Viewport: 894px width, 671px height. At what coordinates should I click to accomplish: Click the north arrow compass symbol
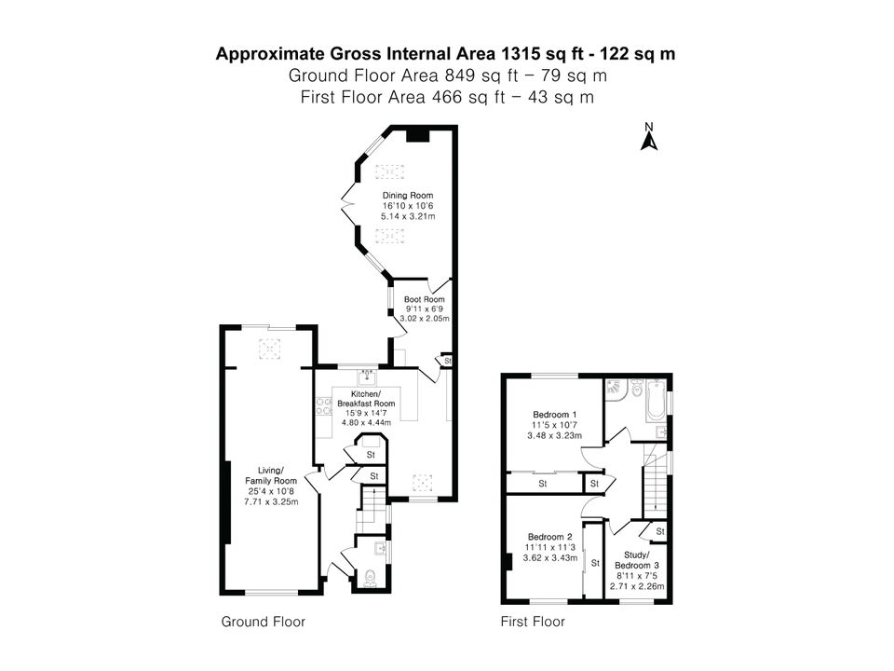coord(649,136)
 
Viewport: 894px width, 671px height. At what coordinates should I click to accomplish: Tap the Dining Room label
coord(408,195)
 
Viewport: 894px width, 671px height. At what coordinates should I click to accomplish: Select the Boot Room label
coord(425,299)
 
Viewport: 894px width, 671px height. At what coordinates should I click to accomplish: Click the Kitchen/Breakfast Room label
coord(366,399)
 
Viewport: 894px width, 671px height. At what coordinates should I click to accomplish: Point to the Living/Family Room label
coord(271,475)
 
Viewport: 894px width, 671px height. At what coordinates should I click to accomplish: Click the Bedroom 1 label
coord(555,414)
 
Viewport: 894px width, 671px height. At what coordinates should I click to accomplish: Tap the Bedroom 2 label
coord(550,537)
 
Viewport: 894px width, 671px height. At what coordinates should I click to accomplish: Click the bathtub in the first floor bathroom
coord(655,400)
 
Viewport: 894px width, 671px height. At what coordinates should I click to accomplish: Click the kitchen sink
coord(367,377)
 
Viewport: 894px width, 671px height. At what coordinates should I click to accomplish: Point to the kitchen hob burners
coord(324,405)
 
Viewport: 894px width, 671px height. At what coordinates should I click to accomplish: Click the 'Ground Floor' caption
coord(264,622)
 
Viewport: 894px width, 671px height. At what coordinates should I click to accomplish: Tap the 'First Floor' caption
coord(533,622)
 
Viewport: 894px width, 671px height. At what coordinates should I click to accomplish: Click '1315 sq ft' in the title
coord(535,54)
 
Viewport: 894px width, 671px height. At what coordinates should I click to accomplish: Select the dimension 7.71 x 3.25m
coord(271,501)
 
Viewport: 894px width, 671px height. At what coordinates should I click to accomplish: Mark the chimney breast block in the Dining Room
coord(417,136)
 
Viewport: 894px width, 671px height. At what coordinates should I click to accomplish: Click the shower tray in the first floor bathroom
coord(616,390)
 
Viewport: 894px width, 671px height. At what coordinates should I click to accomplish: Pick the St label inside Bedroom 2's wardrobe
coord(595,563)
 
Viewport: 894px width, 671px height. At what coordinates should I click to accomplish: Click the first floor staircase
coord(655,480)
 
